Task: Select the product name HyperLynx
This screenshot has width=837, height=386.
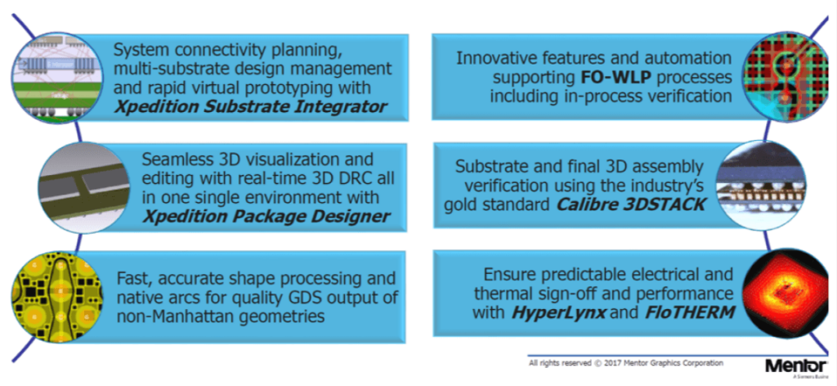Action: (x=558, y=312)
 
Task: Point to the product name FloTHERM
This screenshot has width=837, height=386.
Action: (x=683, y=312)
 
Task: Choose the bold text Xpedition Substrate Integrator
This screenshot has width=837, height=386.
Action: (x=250, y=106)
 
